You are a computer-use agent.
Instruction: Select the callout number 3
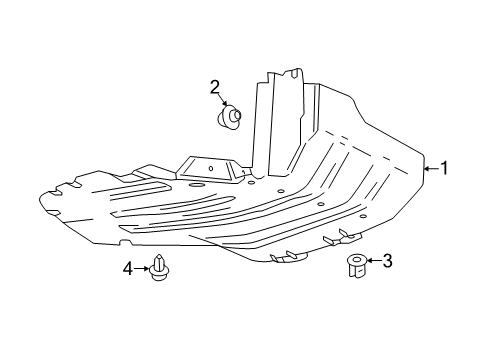[x=387, y=262]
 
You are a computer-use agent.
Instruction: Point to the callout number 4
[x=127, y=268]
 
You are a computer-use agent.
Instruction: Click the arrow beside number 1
[x=430, y=169]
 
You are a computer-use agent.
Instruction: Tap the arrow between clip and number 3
[x=372, y=263]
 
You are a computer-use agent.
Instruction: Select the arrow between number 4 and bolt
[x=142, y=268]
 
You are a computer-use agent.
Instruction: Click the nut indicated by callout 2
[x=229, y=119]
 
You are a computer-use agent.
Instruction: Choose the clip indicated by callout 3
[x=355, y=267]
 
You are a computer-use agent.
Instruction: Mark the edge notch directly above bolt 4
[x=124, y=242]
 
